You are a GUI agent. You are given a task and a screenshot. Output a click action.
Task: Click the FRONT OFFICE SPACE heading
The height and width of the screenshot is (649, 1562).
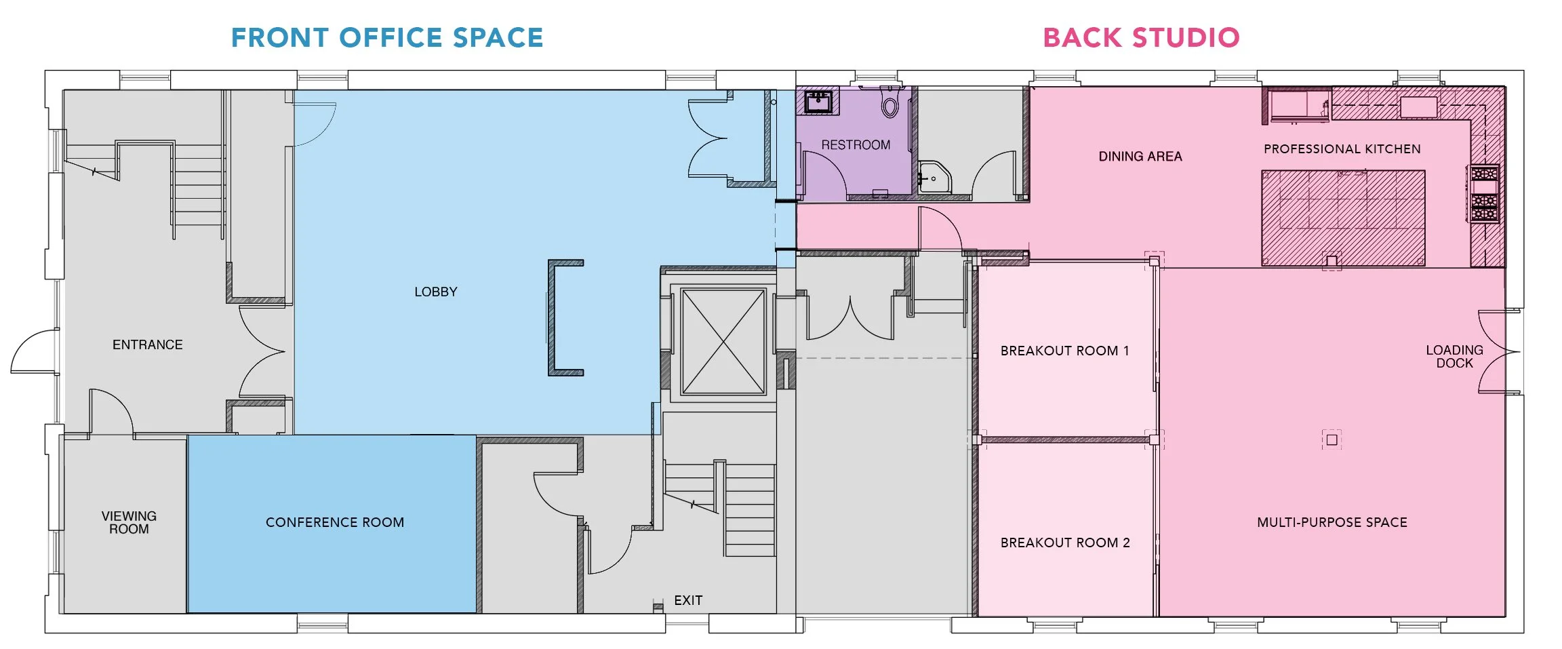(x=387, y=38)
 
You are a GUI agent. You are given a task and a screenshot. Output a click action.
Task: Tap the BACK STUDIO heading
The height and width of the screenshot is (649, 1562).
(x=1141, y=38)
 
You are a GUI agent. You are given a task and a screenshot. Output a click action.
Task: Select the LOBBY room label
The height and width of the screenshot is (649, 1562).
(x=436, y=292)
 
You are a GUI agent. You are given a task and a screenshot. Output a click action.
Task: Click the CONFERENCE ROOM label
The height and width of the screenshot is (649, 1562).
(x=335, y=522)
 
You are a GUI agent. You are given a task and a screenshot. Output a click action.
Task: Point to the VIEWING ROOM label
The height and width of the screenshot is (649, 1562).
(x=129, y=522)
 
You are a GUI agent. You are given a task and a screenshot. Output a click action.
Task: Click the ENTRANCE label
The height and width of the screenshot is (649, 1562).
(x=148, y=345)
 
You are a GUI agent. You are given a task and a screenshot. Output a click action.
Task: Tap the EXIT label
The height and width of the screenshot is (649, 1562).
(x=688, y=600)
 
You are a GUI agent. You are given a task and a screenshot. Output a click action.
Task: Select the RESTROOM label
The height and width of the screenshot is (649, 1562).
(x=856, y=145)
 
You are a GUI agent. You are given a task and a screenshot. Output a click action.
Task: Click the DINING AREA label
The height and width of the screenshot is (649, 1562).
(x=1140, y=157)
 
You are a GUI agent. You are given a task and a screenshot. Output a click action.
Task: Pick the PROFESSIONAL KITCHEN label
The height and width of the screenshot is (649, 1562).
(x=1342, y=149)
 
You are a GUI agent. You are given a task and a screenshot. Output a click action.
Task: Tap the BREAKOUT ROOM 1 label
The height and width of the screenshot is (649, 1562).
(x=1064, y=351)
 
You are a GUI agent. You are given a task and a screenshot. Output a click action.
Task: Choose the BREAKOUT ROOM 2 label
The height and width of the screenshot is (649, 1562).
(x=1065, y=543)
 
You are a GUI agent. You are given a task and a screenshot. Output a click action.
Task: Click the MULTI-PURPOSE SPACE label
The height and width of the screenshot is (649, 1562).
(x=1332, y=522)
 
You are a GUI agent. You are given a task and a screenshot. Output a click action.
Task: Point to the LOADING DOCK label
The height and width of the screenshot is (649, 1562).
(x=1454, y=356)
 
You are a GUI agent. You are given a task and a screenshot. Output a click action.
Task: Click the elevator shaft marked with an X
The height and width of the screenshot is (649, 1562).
(x=723, y=341)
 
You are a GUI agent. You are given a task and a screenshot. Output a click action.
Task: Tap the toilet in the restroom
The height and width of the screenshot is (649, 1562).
(x=890, y=104)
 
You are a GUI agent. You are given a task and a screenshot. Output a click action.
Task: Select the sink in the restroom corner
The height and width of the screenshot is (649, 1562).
(x=818, y=102)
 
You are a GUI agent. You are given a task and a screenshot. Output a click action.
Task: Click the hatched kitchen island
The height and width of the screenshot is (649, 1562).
(x=1342, y=217)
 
